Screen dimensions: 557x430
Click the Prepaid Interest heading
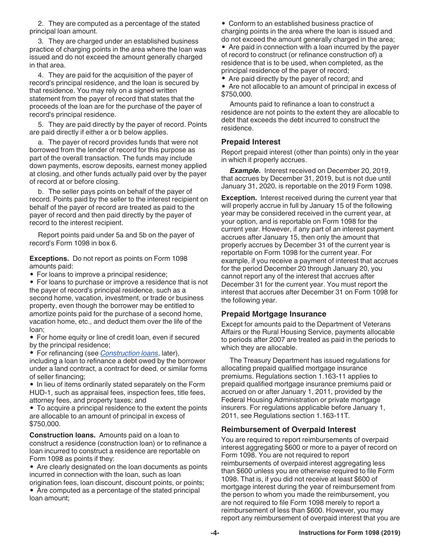click(251, 142)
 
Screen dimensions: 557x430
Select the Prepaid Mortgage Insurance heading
click(273, 314)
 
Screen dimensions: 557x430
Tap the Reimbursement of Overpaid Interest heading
click(288, 429)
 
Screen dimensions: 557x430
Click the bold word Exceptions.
click(49, 259)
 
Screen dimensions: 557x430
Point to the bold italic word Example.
click(245, 171)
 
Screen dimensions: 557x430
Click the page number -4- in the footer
click(215, 533)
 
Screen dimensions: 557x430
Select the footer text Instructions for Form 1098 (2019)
click(349, 533)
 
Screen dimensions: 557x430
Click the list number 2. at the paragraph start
click(41, 24)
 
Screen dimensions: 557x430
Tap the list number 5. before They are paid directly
click(41, 125)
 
